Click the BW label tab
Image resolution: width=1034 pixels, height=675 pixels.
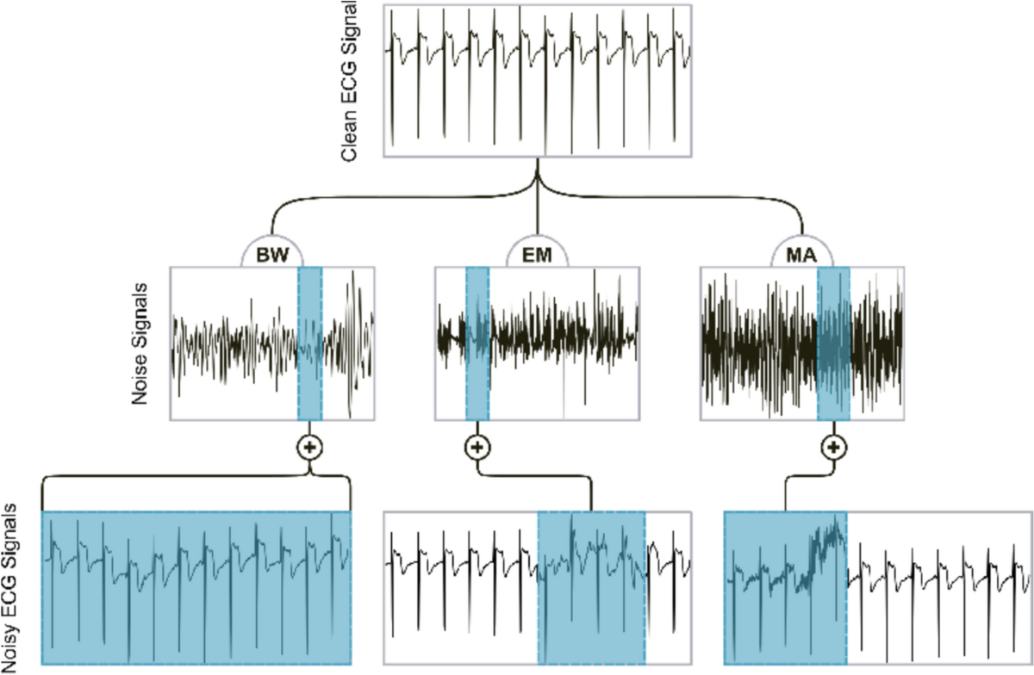pos(271,255)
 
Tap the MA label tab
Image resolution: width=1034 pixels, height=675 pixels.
pos(803,255)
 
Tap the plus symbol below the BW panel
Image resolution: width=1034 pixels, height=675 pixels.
pos(309,448)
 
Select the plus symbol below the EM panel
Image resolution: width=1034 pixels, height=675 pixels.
pos(477,448)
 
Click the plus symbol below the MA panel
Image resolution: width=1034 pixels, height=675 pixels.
pos(832,448)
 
